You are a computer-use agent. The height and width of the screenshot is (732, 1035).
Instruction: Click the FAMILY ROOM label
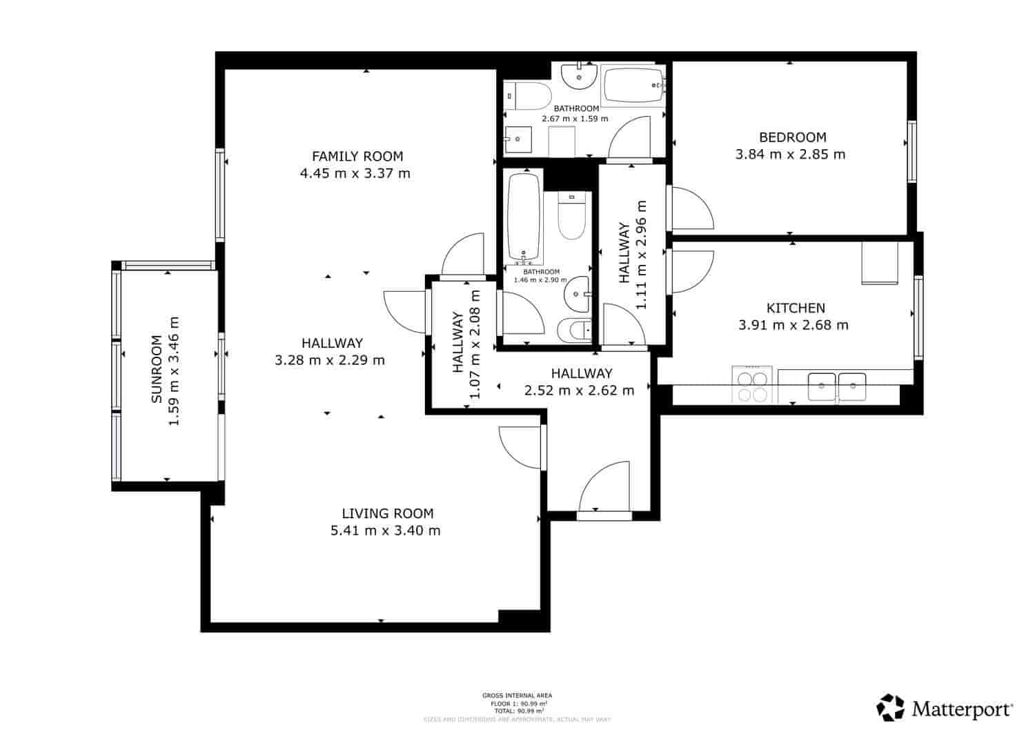[x=357, y=157]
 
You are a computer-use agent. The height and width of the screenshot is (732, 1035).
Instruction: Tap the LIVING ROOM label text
[x=387, y=513]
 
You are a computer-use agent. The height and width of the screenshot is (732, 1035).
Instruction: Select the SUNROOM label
[x=157, y=369]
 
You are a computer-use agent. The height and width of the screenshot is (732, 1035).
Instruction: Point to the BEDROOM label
[x=792, y=137]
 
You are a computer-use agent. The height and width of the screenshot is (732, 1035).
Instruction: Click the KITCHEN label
[x=796, y=308]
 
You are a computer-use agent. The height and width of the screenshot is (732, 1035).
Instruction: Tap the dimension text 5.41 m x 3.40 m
[x=385, y=531]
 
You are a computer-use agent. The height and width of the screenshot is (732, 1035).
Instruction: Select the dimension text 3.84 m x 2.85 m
[x=790, y=155]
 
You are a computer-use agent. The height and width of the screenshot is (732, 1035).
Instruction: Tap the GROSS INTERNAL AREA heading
[x=517, y=695]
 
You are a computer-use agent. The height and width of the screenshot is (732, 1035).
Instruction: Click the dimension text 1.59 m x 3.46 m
[x=174, y=370]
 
